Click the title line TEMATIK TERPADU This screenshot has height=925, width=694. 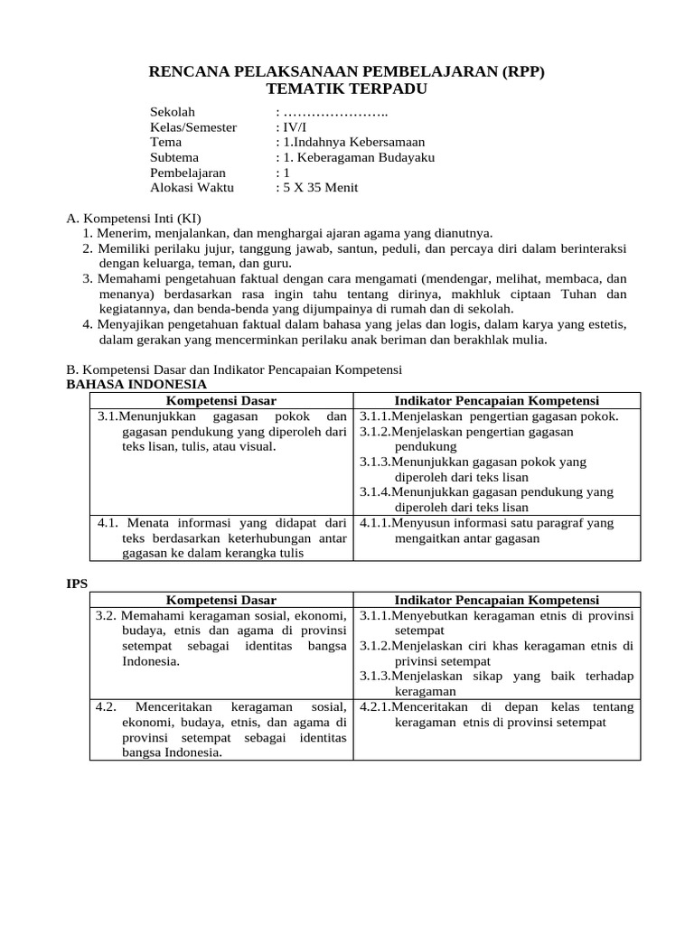click(x=347, y=89)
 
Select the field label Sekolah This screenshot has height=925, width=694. click(x=173, y=112)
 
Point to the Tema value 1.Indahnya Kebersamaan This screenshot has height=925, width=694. click(x=353, y=143)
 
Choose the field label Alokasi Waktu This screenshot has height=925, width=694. click(x=192, y=188)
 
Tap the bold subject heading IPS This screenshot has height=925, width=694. click(x=78, y=584)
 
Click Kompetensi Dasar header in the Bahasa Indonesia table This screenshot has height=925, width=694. click(x=221, y=400)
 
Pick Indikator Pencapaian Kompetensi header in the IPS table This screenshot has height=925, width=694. click(x=497, y=600)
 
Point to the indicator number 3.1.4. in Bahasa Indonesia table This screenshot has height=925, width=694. click(x=376, y=492)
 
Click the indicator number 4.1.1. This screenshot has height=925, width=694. click(x=376, y=523)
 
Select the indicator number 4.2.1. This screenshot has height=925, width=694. click(x=376, y=707)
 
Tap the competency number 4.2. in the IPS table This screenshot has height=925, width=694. click(x=108, y=707)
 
